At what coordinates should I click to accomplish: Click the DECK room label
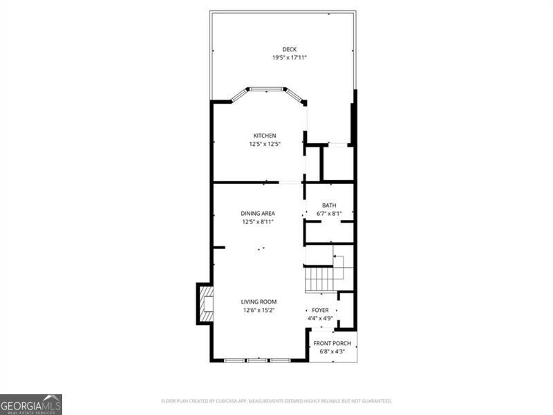pos(289,49)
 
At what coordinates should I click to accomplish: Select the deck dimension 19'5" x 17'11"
pos(289,57)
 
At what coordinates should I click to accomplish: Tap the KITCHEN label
pos(265,136)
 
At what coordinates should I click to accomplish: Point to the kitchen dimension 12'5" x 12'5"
pos(265,144)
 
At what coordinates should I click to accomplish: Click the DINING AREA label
pos(258,213)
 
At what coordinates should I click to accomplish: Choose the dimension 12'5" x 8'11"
pos(258,222)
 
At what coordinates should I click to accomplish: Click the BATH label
pos(329,205)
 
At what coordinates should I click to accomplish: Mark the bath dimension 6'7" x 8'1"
pos(329,214)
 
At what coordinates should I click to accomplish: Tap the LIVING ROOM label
pos(259,302)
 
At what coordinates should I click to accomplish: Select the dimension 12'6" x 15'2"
pos(259,311)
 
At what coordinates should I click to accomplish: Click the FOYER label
pos(320,310)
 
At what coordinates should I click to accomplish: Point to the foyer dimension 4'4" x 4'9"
pos(320,318)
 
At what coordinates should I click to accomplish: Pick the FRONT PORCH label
pos(332,343)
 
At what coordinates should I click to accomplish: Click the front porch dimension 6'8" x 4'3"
pos(332,351)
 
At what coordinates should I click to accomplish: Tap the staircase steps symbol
pos(321,279)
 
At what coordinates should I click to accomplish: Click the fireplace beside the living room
pos(205,304)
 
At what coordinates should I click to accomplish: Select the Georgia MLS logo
pos(31,404)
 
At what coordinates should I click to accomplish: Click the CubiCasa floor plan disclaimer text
pos(276,400)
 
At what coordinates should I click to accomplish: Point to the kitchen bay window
pos(267,90)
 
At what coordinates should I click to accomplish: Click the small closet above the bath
pos(338,163)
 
